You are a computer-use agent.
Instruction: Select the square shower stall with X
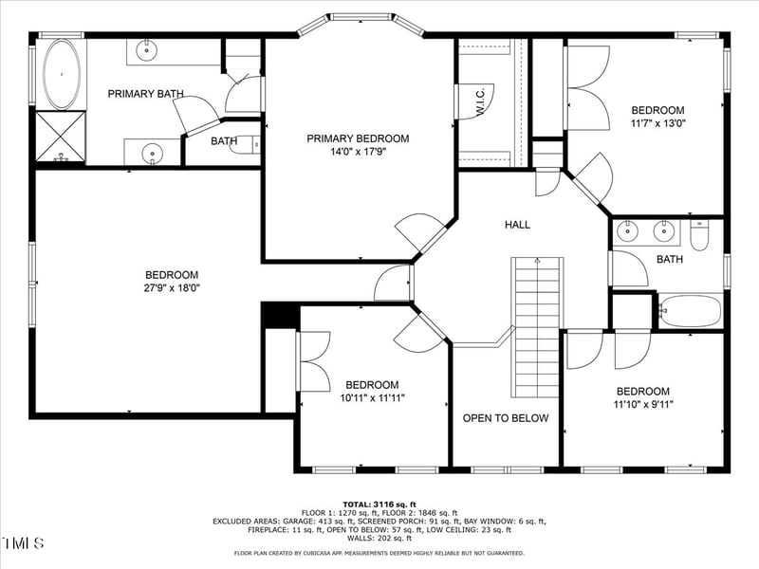coord(60,137)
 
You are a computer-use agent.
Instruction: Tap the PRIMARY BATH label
coord(145,94)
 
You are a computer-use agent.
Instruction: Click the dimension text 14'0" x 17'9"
coord(358,151)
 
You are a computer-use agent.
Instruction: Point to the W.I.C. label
coord(480,103)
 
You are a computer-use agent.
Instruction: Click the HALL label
coord(517,225)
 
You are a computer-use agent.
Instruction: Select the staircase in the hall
coord(536,327)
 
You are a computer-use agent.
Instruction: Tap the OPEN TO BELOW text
coord(505,418)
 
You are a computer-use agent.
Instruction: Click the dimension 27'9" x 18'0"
coord(172,287)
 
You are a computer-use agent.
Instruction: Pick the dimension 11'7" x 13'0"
coord(657,123)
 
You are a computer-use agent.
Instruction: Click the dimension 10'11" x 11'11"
coord(371,397)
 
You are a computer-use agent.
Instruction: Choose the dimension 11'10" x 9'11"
coord(643,404)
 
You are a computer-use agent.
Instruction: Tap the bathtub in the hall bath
coord(690,309)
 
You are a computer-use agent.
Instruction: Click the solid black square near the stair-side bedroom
coord(280,316)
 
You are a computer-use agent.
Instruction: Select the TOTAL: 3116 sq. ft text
coord(379,504)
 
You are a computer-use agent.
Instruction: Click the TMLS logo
coord(24,543)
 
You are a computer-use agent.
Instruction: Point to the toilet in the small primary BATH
coord(246,145)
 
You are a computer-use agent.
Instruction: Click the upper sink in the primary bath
coord(148,49)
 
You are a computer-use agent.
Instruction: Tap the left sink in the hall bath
coord(627,230)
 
